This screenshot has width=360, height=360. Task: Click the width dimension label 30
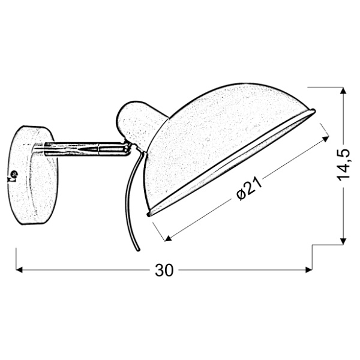(x=164, y=271)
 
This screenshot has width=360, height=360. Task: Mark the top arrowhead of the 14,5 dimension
(x=343, y=91)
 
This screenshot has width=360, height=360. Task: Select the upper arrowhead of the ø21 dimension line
(x=326, y=137)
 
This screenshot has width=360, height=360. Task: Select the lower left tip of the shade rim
(x=149, y=213)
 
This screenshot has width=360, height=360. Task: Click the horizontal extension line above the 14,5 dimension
(x=327, y=88)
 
